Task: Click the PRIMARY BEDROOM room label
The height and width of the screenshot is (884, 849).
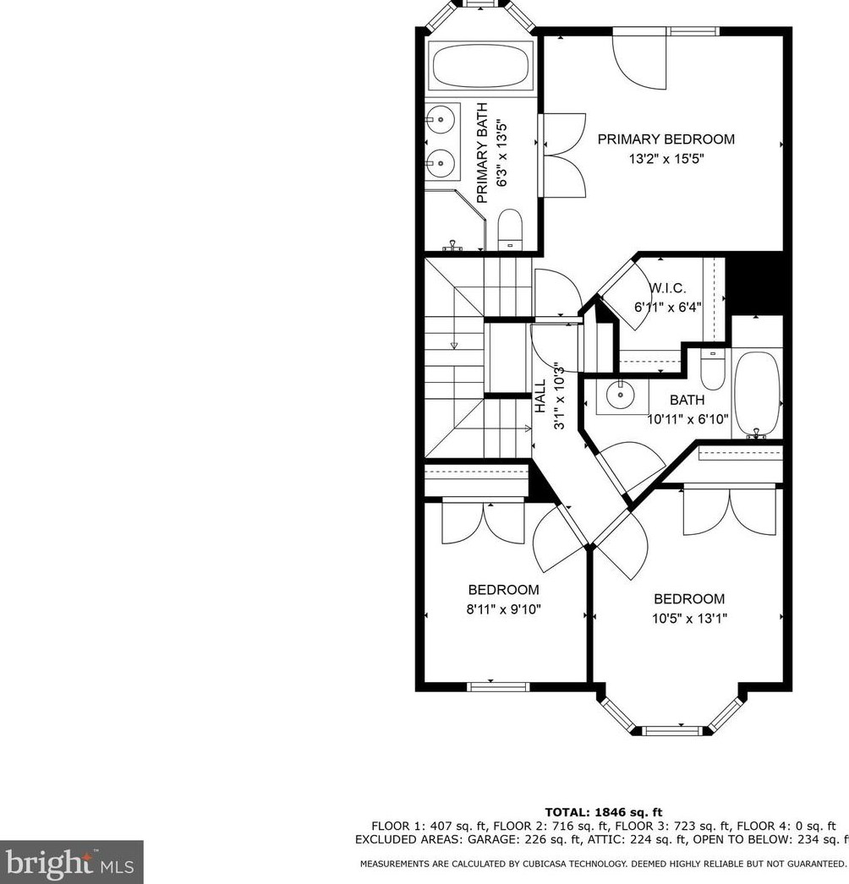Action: pyautogui.click(x=666, y=139)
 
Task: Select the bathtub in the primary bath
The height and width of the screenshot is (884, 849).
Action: pyautogui.click(x=482, y=65)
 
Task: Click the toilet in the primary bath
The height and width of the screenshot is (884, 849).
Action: pyautogui.click(x=510, y=229)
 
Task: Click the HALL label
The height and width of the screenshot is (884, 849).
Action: pyautogui.click(x=540, y=396)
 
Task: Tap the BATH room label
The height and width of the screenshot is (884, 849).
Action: pyautogui.click(x=687, y=400)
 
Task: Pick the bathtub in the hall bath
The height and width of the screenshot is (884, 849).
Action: pyautogui.click(x=758, y=394)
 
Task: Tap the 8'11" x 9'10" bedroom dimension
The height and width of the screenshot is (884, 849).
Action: pyautogui.click(x=504, y=609)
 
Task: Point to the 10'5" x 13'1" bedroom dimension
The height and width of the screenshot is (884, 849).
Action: pyautogui.click(x=689, y=619)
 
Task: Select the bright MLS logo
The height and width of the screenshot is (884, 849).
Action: pyautogui.click(x=72, y=861)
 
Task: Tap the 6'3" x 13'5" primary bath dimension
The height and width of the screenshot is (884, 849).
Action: pyautogui.click(x=502, y=153)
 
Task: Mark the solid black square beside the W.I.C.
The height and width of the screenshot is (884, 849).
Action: pyautogui.click(x=754, y=282)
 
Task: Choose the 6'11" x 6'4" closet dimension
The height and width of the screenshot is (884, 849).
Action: pyautogui.click(x=668, y=308)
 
